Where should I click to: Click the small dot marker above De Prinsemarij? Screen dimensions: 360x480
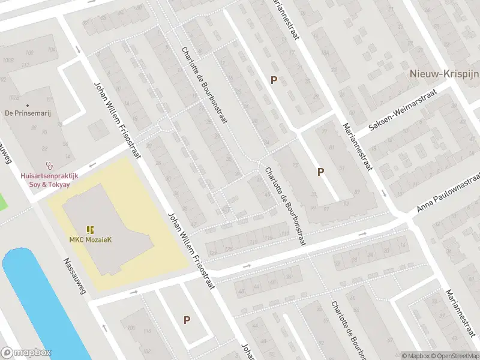27,105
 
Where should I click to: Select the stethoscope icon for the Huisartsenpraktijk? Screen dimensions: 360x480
49,166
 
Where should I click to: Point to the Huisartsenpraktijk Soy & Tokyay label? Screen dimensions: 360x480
49,179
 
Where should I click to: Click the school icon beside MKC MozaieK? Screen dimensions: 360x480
90,230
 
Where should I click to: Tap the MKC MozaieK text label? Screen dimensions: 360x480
90,240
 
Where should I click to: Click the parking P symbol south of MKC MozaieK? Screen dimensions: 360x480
187,320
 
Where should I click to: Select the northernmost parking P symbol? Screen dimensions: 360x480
274,80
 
